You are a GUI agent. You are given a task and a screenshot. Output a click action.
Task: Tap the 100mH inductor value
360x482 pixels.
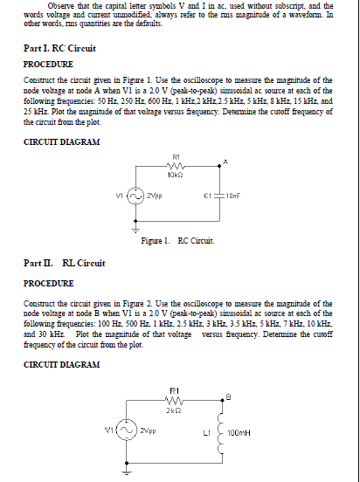coord(246,433)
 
